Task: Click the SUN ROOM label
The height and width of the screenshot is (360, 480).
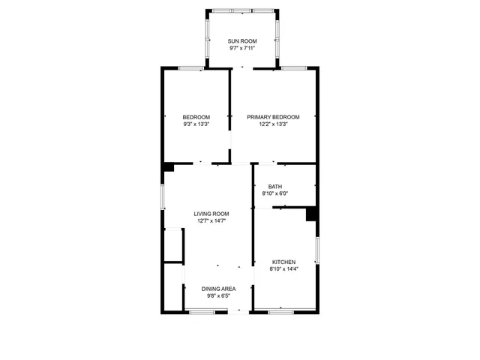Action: click(242, 40)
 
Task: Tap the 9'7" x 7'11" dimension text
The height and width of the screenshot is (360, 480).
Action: click(242, 48)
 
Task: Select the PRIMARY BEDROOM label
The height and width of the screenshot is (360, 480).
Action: click(273, 117)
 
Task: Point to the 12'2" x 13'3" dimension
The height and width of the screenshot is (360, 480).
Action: click(273, 124)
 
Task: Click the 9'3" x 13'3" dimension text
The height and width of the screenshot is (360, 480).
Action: click(196, 124)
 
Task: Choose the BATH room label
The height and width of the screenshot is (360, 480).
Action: click(275, 187)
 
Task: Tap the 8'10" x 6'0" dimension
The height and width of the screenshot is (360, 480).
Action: click(275, 193)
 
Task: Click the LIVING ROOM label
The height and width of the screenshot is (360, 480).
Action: click(211, 214)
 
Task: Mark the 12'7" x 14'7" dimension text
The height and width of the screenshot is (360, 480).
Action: click(211, 221)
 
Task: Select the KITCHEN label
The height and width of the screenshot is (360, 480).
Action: click(283, 262)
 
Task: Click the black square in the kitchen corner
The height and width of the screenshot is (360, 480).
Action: click(311, 214)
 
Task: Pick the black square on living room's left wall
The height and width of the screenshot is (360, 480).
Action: click(169, 167)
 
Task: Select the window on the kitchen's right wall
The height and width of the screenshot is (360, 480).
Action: click(317, 250)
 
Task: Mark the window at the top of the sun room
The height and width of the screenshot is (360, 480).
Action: click(242, 11)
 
